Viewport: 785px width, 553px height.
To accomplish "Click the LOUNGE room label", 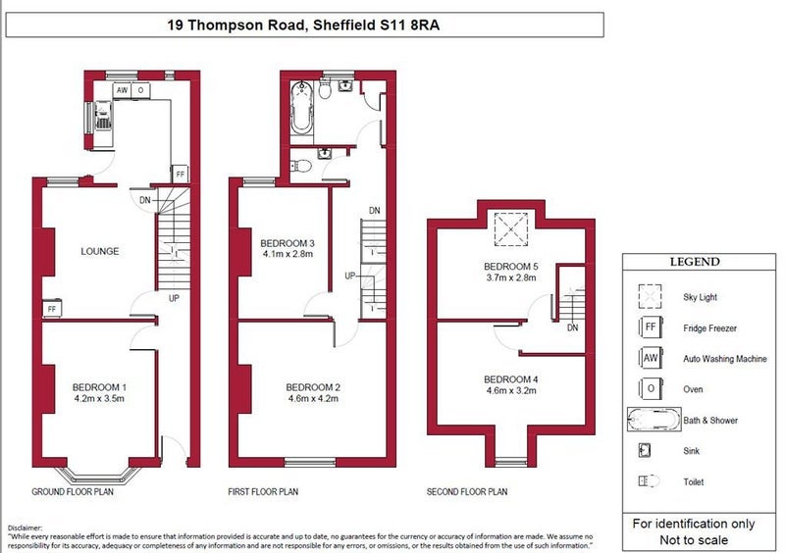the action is pos(100,251).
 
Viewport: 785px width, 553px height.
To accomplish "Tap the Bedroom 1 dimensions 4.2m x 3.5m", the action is pos(99,399).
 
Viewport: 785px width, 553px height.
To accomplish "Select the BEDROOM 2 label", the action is pos(313,387).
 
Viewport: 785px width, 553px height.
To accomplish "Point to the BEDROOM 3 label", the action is pos(288,243).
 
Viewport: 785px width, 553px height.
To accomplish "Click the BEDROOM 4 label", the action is pos(510,379).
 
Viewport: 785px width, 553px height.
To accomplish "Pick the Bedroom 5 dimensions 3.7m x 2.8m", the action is pos(511,277).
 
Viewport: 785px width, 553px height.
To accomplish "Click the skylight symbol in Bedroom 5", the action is pos(510,229).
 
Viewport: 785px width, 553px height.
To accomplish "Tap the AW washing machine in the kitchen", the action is pos(122,90).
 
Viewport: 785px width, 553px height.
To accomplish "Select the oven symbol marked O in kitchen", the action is pos(140,90).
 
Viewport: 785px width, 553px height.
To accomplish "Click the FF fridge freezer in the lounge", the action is pos(52,309).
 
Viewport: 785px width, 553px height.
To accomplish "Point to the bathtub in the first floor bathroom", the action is pos(302,107).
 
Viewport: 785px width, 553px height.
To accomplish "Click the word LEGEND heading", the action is pos(695,262).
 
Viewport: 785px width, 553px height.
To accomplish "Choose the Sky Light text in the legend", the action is pos(700,297).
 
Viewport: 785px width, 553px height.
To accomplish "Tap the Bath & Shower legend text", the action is pos(710,421).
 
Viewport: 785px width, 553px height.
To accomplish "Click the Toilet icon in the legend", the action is pos(650,481).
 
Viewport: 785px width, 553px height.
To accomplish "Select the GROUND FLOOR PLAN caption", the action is pos(73,492).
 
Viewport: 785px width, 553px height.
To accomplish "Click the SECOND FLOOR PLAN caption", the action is pos(467,492).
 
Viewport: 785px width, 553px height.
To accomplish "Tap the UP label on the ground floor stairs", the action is pos(174,298).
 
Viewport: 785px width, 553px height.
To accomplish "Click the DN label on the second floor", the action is pos(573,327).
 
